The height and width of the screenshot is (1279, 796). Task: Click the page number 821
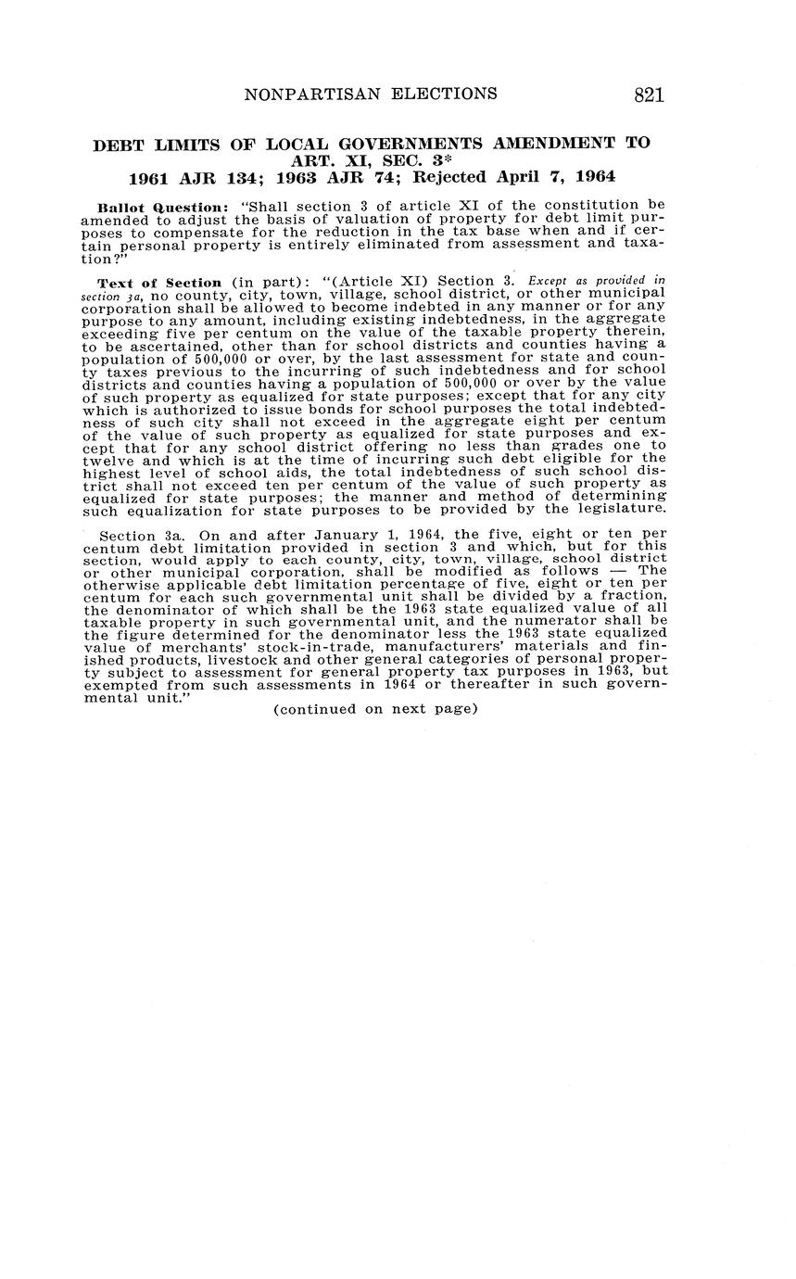[x=649, y=95]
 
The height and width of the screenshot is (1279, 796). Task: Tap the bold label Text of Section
[x=159, y=283]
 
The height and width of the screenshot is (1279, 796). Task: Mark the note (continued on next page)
[x=375, y=709]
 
